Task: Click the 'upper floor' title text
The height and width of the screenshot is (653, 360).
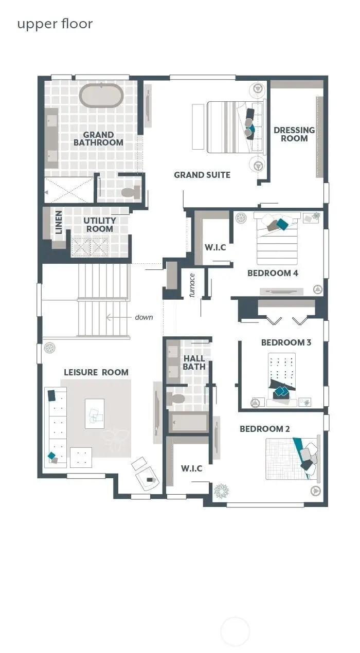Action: (55, 24)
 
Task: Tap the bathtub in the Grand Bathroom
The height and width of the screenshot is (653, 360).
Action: (101, 96)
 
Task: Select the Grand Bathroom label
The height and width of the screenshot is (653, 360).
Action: (98, 139)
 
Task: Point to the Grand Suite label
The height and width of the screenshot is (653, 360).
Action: (202, 175)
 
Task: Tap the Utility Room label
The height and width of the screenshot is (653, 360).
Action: (100, 225)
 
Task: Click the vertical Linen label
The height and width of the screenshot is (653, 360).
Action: (59, 222)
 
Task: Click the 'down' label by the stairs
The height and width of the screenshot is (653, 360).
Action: (144, 317)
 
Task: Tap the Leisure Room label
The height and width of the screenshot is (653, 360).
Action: (96, 372)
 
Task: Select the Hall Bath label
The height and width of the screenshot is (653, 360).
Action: (194, 362)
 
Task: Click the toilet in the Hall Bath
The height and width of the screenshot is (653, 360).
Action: (176, 399)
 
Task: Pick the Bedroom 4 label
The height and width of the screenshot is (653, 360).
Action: (273, 273)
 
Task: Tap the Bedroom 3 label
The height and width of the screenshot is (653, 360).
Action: (286, 342)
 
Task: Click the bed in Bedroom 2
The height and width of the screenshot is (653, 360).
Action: (291, 458)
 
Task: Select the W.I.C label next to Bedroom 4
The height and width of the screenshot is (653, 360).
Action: (215, 247)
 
